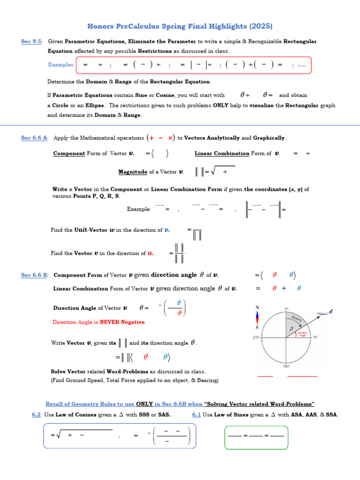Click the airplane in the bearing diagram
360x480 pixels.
click(x=325, y=313)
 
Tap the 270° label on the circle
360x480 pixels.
click(x=257, y=337)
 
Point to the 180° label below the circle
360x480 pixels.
click(x=287, y=366)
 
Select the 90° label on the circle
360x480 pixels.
click(x=315, y=337)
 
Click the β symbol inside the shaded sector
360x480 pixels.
click(x=291, y=330)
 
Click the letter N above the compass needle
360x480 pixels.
click(x=257, y=307)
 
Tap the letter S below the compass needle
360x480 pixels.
click(x=257, y=327)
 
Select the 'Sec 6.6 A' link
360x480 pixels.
click(x=34, y=138)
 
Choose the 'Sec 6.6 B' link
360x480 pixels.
click(x=34, y=275)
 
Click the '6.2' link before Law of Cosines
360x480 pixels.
click(x=36, y=415)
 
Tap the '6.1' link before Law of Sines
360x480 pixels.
click(x=196, y=415)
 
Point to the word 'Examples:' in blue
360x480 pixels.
click(x=61, y=65)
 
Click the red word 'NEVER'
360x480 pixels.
click(x=109, y=322)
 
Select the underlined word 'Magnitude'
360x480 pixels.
click(x=133, y=172)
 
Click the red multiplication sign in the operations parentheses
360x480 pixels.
click(x=170, y=138)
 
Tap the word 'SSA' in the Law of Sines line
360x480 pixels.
click(x=332, y=415)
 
